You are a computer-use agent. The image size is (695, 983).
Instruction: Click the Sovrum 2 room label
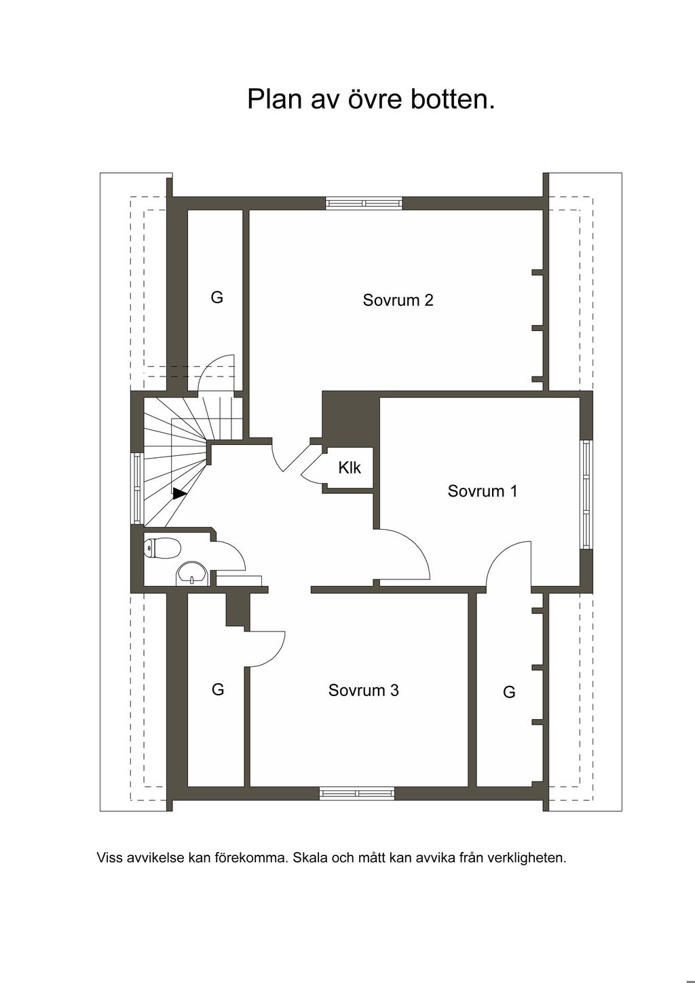398,300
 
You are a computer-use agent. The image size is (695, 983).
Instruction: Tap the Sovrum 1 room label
482,491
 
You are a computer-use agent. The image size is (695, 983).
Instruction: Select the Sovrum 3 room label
363,691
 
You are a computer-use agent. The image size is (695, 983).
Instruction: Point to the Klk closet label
350,467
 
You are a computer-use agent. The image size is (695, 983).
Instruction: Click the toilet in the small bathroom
162,547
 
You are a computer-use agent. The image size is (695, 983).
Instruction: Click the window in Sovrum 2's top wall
364,203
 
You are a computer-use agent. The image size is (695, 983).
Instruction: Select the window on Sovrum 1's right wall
586,494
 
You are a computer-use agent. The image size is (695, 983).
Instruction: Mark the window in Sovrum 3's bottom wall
357,792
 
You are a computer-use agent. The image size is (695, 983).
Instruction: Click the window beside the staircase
137,488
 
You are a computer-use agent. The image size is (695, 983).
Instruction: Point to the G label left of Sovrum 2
217,297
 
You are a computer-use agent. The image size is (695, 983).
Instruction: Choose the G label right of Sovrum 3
509,692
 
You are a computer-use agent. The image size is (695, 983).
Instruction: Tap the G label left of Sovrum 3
218,689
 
